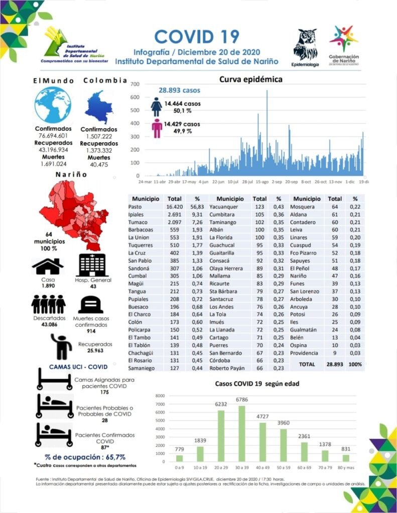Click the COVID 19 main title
pos(196,36)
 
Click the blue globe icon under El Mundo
pos(52,105)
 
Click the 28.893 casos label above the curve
pos(179,91)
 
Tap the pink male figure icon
pos(157,128)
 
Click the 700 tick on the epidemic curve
pos(135,84)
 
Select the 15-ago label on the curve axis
pos(262,182)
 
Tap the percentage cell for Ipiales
pos(197,214)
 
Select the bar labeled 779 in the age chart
pos(179,458)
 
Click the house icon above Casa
pos(48,266)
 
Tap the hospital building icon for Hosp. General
pos(92,265)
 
